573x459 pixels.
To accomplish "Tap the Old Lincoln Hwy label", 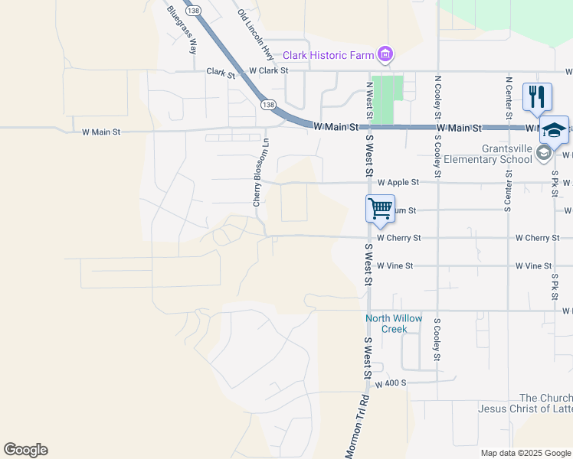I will (255, 35).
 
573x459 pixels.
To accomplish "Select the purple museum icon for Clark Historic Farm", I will (385, 54).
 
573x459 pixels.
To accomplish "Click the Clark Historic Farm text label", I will (329, 55).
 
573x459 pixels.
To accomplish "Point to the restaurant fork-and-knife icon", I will (537, 96).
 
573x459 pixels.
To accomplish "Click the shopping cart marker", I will (380, 207).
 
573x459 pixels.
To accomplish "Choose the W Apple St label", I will (398, 183).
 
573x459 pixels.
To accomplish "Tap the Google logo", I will (25, 450).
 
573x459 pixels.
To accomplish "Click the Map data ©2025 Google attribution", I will (526, 453).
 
